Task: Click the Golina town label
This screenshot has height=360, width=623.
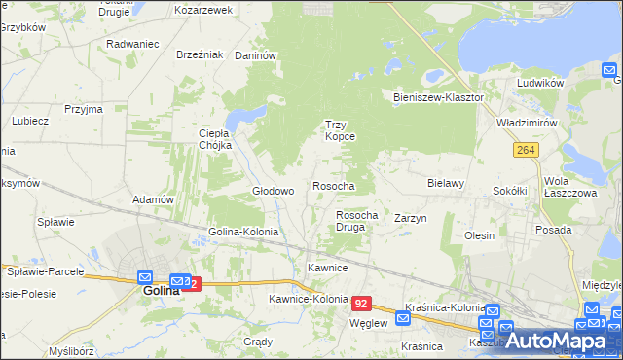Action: (x=162, y=290)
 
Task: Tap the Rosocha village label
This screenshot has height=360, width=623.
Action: (x=333, y=185)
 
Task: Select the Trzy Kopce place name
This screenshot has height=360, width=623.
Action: (x=340, y=130)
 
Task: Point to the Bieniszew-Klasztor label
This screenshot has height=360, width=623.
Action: (x=438, y=98)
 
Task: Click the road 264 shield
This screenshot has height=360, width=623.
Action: (x=527, y=149)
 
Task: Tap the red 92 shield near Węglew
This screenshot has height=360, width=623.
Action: (x=362, y=304)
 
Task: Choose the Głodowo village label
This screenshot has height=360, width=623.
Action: (x=274, y=192)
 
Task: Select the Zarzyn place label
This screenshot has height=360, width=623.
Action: (x=411, y=219)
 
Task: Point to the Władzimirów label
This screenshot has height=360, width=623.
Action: (x=526, y=125)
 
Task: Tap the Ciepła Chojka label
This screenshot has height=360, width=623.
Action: (x=214, y=139)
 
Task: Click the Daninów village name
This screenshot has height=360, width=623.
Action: (x=256, y=56)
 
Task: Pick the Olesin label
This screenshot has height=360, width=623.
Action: (x=479, y=235)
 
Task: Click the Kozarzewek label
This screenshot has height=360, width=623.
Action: (x=203, y=10)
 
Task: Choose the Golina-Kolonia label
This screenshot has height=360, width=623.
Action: (x=243, y=233)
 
